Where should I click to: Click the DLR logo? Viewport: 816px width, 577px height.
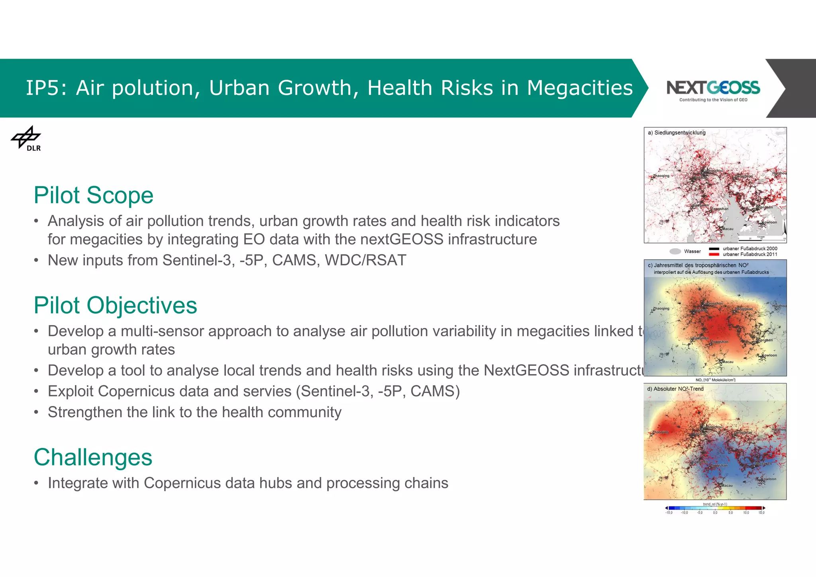(x=26, y=139)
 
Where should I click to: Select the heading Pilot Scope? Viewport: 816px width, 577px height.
(x=93, y=195)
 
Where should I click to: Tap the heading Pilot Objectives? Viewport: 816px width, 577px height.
(x=115, y=306)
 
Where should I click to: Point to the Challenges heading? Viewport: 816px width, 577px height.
(x=93, y=457)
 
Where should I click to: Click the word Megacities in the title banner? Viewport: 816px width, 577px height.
(x=580, y=88)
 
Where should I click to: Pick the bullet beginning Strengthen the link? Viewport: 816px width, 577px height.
(x=194, y=412)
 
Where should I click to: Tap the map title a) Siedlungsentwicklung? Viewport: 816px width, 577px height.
(x=677, y=133)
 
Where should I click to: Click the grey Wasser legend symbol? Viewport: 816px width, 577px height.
(x=675, y=251)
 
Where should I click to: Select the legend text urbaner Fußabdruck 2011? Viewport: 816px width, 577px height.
(x=750, y=254)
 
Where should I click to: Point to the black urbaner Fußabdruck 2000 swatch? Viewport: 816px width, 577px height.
(x=714, y=249)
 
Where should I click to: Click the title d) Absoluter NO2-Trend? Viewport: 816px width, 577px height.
(x=675, y=389)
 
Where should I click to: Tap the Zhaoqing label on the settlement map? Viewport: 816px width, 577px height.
(x=661, y=176)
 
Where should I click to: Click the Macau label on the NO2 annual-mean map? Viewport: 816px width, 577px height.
(x=728, y=362)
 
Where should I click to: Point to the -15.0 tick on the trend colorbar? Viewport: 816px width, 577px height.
(x=669, y=512)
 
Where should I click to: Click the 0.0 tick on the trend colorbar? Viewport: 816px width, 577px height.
(x=715, y=512)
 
